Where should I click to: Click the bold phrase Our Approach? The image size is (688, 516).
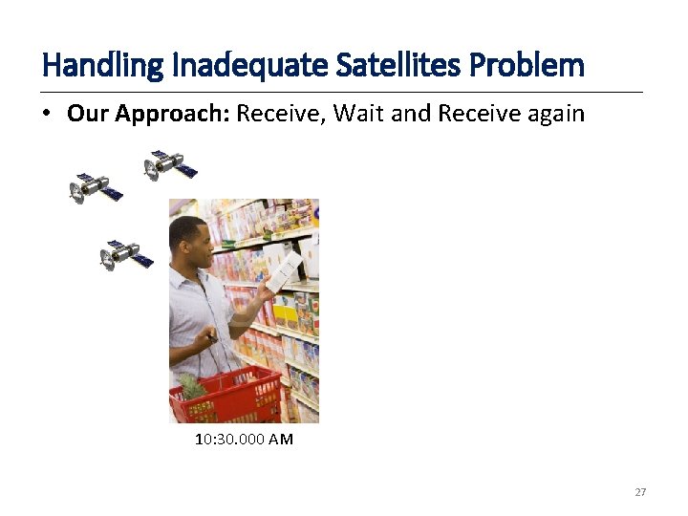tap(148, 114)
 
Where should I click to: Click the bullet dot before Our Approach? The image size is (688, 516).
tap(47, 115)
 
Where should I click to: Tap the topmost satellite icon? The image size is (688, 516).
tap(170, 164)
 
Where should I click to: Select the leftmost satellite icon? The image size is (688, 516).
tap(96, 187)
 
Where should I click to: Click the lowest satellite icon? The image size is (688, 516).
tap(126, 255)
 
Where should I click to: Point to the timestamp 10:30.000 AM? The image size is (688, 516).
tap(244, 440)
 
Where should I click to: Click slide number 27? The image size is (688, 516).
tap(640, 492)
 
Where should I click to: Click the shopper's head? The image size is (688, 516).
tap(190, 239)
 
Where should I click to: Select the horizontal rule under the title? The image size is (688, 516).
tap(343, 92)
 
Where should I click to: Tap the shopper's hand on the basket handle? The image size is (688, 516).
tap(205, 339)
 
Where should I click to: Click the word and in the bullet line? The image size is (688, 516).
tap(412, 114)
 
